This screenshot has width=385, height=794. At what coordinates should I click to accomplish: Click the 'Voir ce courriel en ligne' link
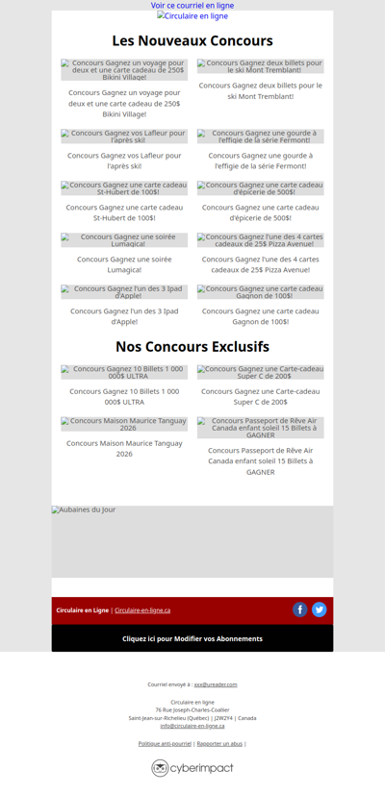tap(192, 6)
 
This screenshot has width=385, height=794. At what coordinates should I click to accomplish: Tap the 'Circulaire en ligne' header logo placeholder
tap(192, 16)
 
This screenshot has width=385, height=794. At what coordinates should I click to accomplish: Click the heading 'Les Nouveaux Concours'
tap(192, 41)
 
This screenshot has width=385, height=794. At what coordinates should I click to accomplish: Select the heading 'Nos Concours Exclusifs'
tap(192, 346)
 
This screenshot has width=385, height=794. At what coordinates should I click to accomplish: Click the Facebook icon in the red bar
tap(300, 609)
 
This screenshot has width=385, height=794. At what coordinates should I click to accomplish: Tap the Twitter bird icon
tap(320, 609)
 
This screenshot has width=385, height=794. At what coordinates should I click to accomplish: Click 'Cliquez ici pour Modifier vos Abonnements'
tap(192, 638)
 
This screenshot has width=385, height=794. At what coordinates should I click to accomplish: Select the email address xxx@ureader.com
tap(216, 684)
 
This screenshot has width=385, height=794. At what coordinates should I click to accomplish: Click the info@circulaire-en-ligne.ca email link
tap(192, 726)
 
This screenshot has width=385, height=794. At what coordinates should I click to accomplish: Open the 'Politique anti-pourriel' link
tap(165, 743)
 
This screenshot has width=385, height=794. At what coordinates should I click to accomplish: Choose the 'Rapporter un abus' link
tap(219, 743)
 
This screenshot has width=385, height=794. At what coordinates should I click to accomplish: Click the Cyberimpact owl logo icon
tap(160, 768)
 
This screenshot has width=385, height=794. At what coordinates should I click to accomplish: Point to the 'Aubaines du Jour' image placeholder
tap(192, 541)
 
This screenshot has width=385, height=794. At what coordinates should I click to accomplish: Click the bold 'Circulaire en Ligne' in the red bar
tap(82, 610)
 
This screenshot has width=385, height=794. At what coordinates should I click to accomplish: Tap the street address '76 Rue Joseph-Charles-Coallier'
tap(192, 709)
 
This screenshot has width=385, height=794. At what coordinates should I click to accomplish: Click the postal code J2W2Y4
tap(224, 718)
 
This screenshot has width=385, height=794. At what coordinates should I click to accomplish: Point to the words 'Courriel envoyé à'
tap(168, 684)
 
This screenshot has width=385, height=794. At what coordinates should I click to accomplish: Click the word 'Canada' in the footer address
tap(247, 718)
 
